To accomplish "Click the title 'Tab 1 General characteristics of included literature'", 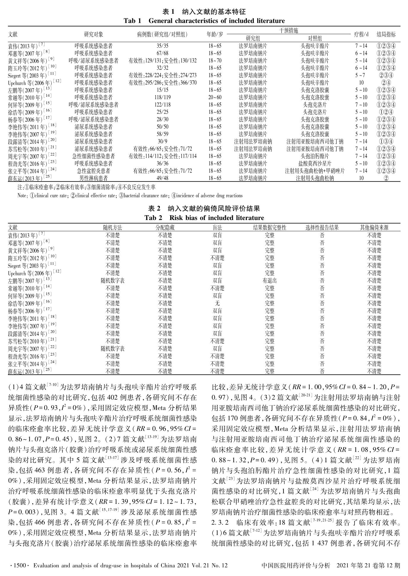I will click(x=204, y=21).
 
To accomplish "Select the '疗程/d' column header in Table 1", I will click(x=361, y=34).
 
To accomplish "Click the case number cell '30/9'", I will click(x=162, y=142).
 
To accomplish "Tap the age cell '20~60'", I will click(x=215, y=97).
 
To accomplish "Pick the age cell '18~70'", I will click(x=215, y=61).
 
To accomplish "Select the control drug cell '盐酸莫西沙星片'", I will click(x=315, y=164).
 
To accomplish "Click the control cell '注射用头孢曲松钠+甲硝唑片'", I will click(x=315, y=171).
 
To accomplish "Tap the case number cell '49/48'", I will click(x=162, y=178).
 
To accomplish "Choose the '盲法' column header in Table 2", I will click(x=217, y=228).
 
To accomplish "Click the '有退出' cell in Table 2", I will click(x=269, y=281).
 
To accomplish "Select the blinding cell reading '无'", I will click(x=217, y=303).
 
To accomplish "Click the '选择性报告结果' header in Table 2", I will click(x=322, y=228).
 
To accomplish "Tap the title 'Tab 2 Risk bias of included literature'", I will click(x=204, y=218).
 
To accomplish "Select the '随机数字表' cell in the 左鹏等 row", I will click(x=113, y=281).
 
